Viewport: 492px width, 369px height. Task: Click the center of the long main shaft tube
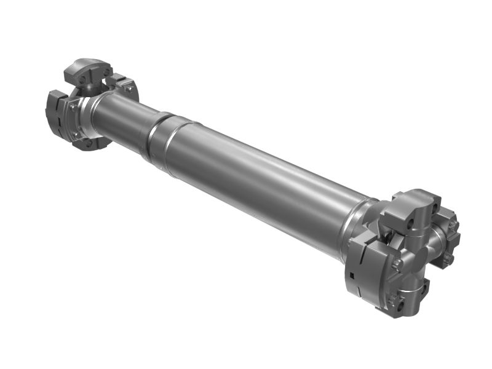pyautogui.click(x=258, y=178)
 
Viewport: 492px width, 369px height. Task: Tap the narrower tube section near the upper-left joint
pyautogui.click(x=123, y=119)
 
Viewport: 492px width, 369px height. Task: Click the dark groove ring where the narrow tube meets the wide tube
pyautogui.click(x=154, y=137)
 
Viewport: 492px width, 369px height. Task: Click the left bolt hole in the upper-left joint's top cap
pyautogui.click(x=82, y=79)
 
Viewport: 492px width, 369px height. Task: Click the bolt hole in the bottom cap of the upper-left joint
pyautogui.click(x=89, y=143)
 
